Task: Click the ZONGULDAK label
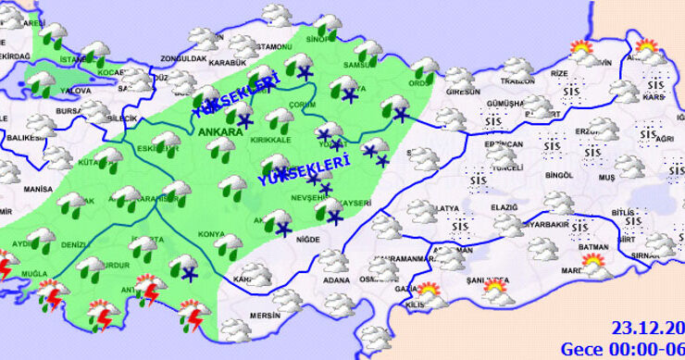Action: click(183, 59)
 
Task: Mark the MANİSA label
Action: click(38, 188)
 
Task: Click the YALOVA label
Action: click(74, 91)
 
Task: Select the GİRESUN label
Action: click(463, 93)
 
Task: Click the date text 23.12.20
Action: click(647, 327)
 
